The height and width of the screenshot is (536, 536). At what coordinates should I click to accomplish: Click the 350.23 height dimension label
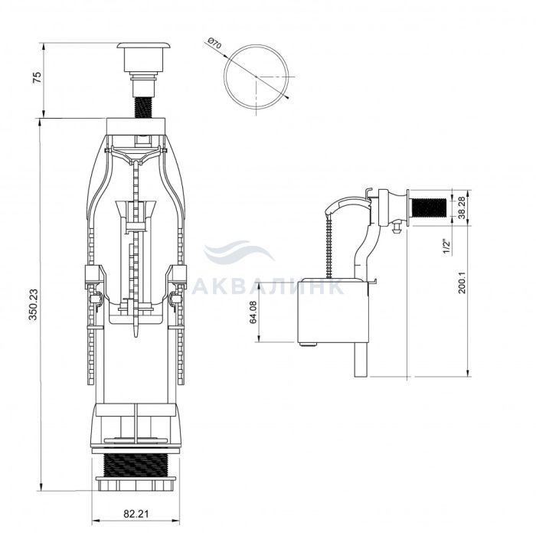[34, 304]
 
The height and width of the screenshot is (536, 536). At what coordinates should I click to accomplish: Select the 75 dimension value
[37, 77]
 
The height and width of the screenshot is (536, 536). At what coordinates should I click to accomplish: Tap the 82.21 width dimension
[136, 514]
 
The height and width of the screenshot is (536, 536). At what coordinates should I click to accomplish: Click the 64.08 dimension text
[253, 312]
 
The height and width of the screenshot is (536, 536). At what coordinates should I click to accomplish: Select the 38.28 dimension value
[462, 208]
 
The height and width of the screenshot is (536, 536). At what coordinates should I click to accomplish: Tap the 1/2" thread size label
[447, 246]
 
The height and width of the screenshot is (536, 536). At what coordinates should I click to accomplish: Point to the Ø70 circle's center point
[257, 77]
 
